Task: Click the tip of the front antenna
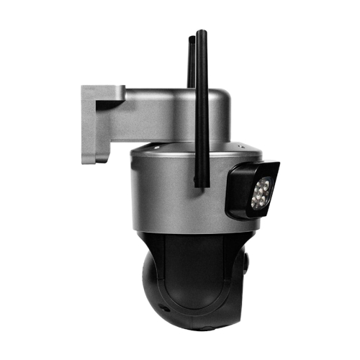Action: point(202,32)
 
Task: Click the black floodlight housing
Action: point(252,189)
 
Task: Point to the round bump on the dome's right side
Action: point(246,264)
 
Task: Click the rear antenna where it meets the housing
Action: point(192,86)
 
